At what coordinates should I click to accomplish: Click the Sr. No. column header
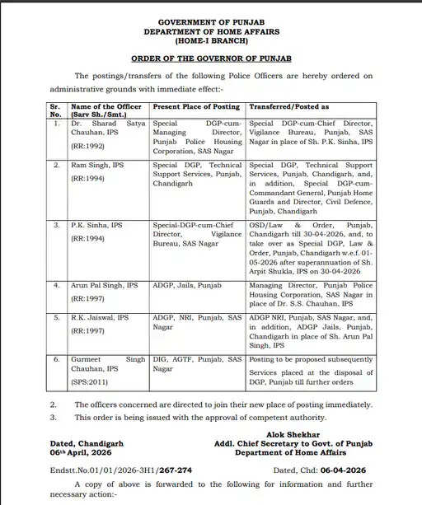tap(56, 110)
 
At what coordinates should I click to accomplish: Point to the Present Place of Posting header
tap(196, 107)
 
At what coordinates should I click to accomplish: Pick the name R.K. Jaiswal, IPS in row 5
tap(100, 316)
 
